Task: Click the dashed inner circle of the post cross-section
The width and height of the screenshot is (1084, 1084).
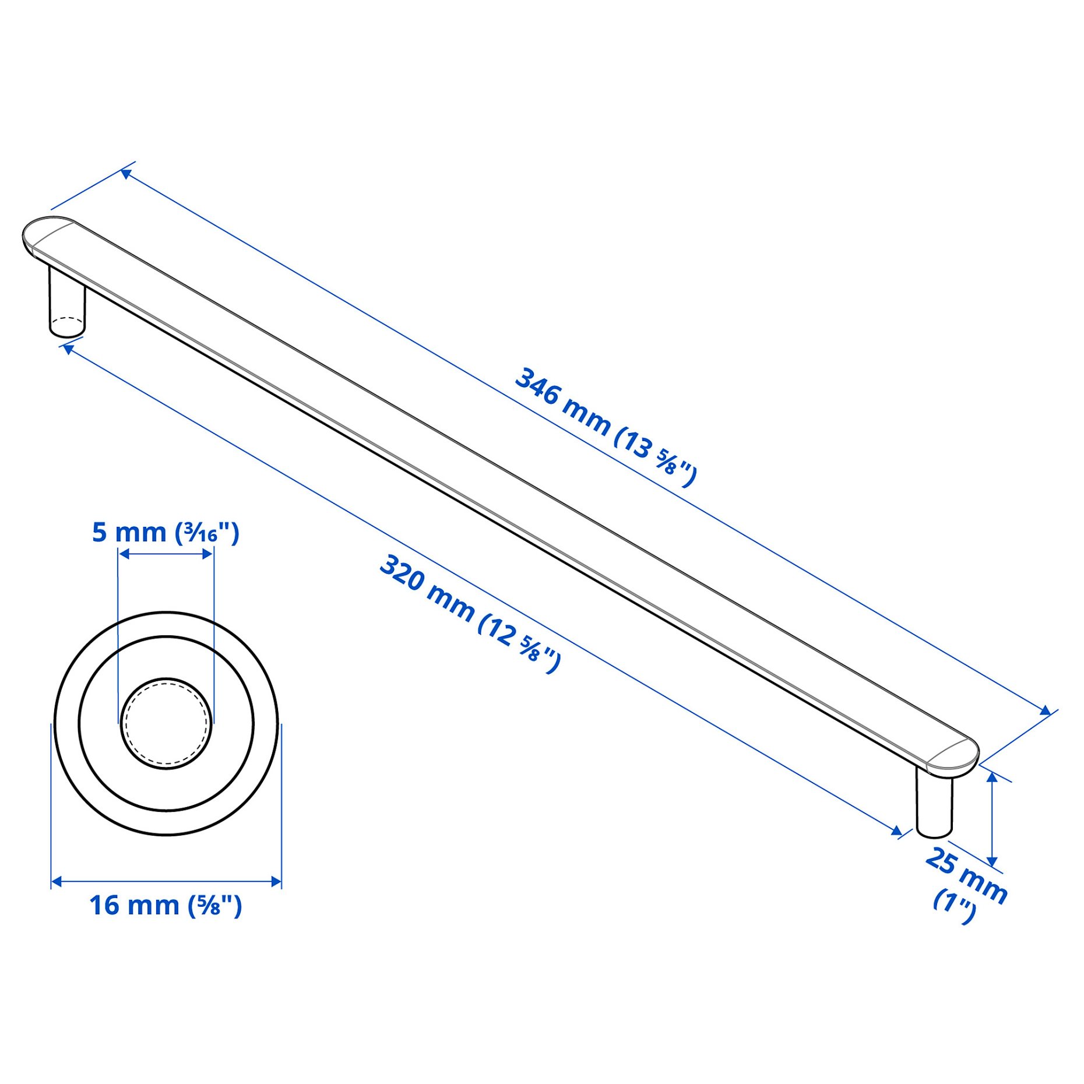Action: click(166, 723)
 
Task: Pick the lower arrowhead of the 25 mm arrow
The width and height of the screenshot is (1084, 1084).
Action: click(993, 861)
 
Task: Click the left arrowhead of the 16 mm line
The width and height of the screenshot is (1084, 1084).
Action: click(57, 882)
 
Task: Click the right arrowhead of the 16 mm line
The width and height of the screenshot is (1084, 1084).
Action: click(276, 882)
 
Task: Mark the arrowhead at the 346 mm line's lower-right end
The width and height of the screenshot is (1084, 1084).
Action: click(1046, 710)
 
